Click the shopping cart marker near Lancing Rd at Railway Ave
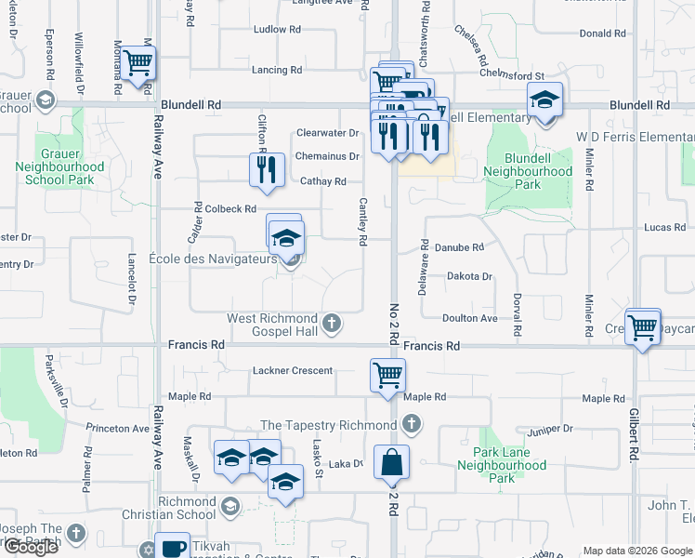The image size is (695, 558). (138, 64)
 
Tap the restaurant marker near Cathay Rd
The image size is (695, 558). (267, 170)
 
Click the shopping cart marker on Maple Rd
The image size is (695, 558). (387, 376)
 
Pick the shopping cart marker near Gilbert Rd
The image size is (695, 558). (642, 327)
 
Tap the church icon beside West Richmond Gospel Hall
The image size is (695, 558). (332, 325)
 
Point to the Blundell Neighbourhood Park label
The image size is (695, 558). (527, 172)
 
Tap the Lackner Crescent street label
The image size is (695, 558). (292, 371)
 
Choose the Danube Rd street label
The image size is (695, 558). (460, 247)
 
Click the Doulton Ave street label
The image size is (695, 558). (469, 318)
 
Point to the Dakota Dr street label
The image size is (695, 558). (469, 276)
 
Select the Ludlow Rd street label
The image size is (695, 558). (277, 30)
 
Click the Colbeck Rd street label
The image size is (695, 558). (229, 209)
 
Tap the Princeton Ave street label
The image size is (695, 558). (117, 429)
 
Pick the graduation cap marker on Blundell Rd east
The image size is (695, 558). (544, 100)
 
